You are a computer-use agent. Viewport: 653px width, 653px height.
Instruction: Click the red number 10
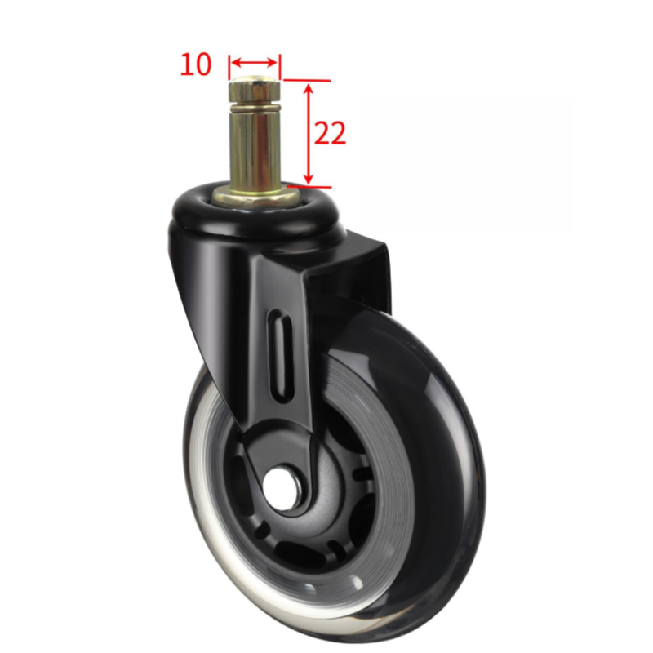point(196,64)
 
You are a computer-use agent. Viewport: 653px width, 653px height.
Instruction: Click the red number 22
point(330,133)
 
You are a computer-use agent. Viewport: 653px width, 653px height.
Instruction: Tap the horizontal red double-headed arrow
point(254,63)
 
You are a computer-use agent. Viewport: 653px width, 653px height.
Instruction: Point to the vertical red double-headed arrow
point(309,134)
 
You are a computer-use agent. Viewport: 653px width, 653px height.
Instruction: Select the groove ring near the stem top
point(254,109)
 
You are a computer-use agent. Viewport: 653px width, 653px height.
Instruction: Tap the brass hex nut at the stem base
point(255,197)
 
